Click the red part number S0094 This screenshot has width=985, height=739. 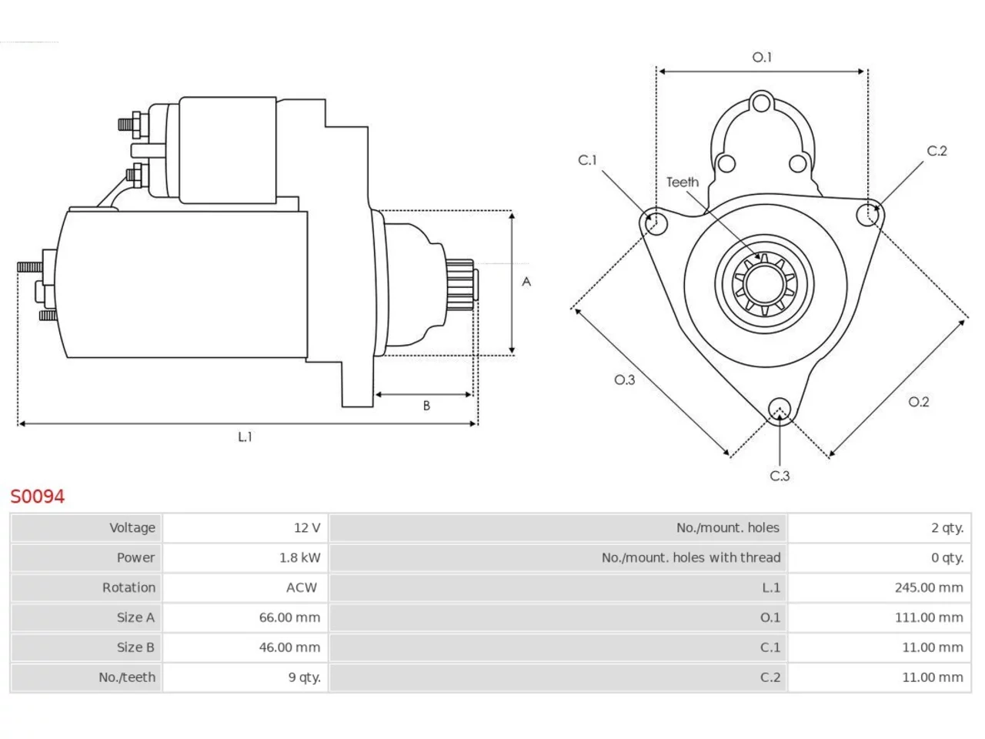click(38, 497)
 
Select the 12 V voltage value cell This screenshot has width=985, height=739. click(245, 527)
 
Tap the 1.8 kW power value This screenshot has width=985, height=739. click(300, 558)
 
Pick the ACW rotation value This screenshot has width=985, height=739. click(302, 587)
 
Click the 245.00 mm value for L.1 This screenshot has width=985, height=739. click(929, 587)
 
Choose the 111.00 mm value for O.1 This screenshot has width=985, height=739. click(929, 617)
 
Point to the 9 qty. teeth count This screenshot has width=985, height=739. click(304, 677)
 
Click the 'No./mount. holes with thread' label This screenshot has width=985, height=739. click(690, 558)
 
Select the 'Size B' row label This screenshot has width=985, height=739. click(135, 647)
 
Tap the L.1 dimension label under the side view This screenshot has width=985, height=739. click(245, 436)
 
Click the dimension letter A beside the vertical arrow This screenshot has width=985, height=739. click(526, 282)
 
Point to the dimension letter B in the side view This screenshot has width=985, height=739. click(426, 406)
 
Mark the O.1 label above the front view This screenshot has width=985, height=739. click(762, 58)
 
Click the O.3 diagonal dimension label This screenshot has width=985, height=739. click(624, 380)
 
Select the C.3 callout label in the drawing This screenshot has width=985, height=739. click(780, 476)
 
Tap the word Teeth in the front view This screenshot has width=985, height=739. click(683, 182)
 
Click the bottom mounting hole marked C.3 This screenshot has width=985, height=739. click(780, 410)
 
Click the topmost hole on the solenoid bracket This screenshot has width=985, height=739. click(761, 102)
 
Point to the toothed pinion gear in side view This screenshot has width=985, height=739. click(460, 285)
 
